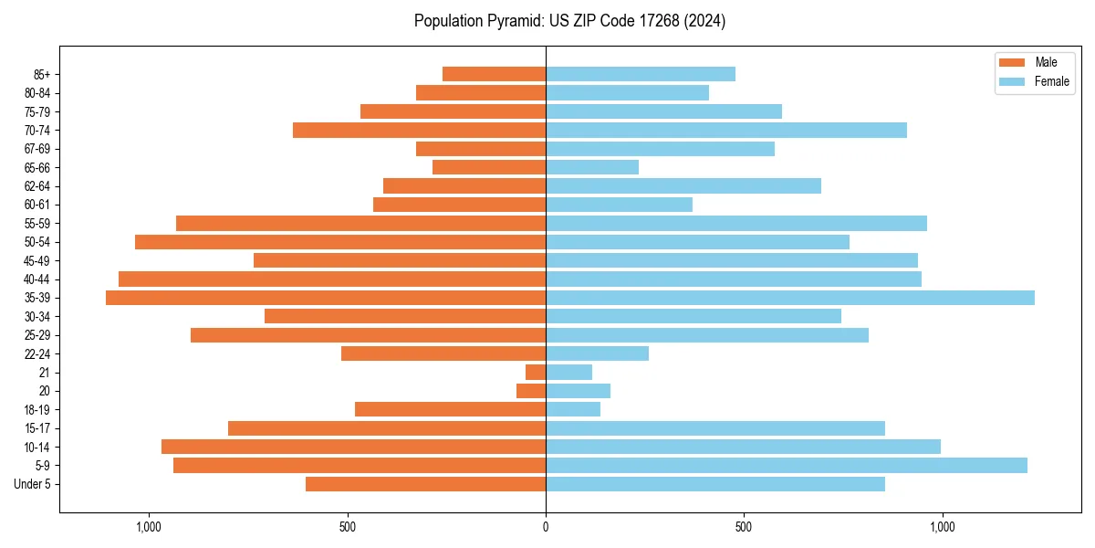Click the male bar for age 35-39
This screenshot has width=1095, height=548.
326,298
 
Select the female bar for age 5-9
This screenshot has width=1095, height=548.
786,466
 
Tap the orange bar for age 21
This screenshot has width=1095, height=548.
536,373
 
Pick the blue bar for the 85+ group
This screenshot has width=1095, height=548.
640,74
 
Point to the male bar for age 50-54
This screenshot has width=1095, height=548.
340,242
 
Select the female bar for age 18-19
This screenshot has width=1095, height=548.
573,410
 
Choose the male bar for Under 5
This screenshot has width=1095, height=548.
425,484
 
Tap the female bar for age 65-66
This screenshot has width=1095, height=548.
591,167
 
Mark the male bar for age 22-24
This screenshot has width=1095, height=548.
443,353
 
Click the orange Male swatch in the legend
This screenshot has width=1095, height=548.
1012,62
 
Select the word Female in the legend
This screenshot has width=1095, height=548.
1051,81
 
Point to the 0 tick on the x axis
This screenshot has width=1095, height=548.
546,527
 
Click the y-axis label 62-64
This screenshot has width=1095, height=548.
37,186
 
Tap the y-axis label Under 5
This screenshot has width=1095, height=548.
32,484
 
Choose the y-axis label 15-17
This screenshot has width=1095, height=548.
37,428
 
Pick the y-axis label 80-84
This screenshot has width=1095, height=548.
37,93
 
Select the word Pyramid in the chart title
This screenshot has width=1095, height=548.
513,21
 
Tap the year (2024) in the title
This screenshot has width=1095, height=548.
708,21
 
